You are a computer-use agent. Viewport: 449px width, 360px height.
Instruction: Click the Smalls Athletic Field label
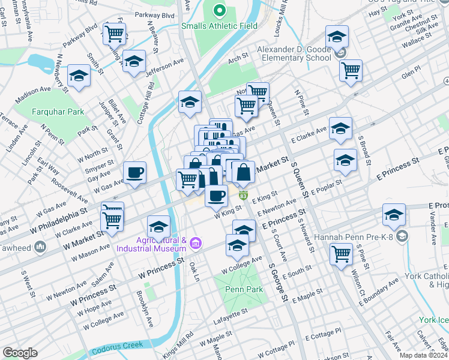pyautogui.click(x=220, y=26)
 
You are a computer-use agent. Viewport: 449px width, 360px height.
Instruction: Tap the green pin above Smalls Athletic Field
pyautogui.click(x=220, y=10)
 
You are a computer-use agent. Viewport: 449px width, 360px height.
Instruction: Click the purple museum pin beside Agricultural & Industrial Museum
pyautogui.click(x=195, y=243)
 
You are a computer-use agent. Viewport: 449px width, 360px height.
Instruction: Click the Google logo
pyautogui.click(x=20, y=352)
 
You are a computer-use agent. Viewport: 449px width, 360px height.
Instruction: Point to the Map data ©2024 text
pyautogui.click(x=423, y=355)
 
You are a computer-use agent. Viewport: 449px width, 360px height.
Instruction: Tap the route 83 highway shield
pyautogui.click(x=243, y=196)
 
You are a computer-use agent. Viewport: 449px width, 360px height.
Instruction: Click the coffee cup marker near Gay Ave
pyautogui.click(x=134, y=172)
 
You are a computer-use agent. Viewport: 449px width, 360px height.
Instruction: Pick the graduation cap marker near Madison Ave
pyautogui.click(x=79, y=76)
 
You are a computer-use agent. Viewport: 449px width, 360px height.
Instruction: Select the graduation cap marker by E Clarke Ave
pyautogui.click(x=340, y=128)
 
